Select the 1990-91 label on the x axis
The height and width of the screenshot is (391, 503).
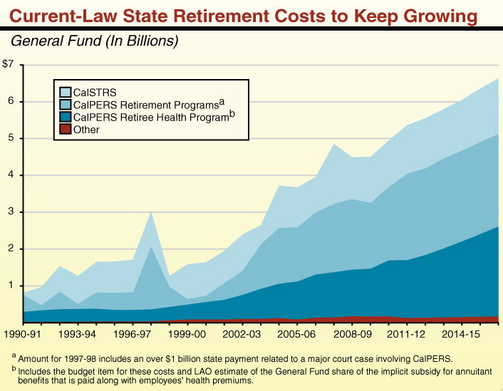[23, 333]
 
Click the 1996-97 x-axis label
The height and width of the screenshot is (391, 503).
[132, 333]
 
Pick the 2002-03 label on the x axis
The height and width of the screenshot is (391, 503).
[242, 333]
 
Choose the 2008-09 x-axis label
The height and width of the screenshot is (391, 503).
[352, 333]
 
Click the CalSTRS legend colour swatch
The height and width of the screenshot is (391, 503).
[65, 91]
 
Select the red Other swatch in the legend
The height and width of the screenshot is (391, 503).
[65, 130]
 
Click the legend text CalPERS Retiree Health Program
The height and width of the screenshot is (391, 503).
[150, 117]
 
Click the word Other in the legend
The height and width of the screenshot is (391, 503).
[86, 130]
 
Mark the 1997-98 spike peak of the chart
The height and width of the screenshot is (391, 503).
[150, 212]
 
